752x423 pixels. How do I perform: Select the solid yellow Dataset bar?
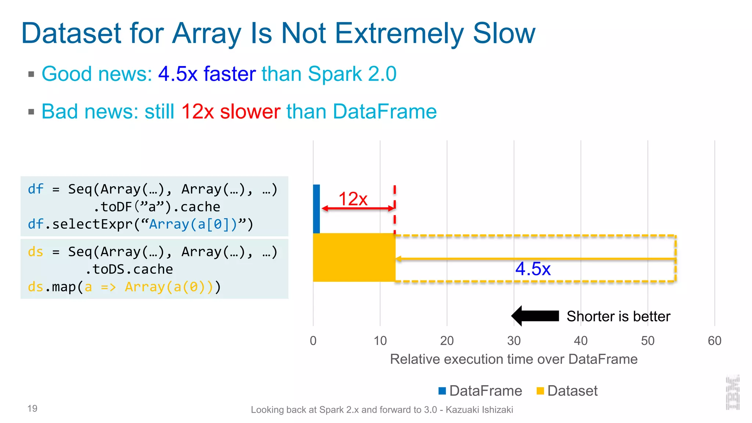[354, 257]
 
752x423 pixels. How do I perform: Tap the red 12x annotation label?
[352, 199]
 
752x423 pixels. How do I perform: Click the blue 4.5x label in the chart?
[532, 269]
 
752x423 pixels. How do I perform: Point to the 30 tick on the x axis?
[514, 341]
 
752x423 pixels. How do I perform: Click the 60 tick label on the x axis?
[714, 341]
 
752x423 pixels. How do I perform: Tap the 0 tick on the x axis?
[313, 341]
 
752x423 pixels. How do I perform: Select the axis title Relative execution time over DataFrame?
[513, 359]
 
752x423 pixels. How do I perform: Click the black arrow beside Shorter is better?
[535, 316]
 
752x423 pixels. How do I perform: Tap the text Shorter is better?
[618, 316]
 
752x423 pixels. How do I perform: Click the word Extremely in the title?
[399, 34]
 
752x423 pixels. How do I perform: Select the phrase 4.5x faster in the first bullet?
[207, 74]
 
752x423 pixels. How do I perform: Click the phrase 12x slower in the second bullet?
[231, 112]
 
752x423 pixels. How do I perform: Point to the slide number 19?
[32, 408]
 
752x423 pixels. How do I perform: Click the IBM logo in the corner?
[732, 393]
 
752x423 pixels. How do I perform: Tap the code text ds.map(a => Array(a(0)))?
[124, 287]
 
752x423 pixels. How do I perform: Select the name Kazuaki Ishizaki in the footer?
[479, 410]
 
